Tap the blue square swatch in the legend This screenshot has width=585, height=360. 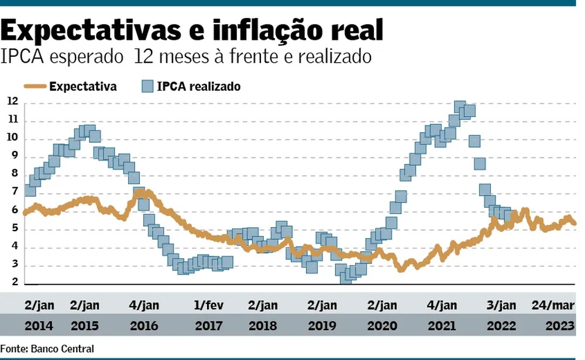click(147, 87)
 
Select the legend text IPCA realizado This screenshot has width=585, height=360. click(199, 87)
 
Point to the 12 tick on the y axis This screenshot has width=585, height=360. click(12, 102)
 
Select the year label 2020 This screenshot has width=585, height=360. click(382, 325)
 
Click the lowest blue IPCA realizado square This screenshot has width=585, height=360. click(346, 278)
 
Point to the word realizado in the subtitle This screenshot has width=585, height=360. click(338, 57)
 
